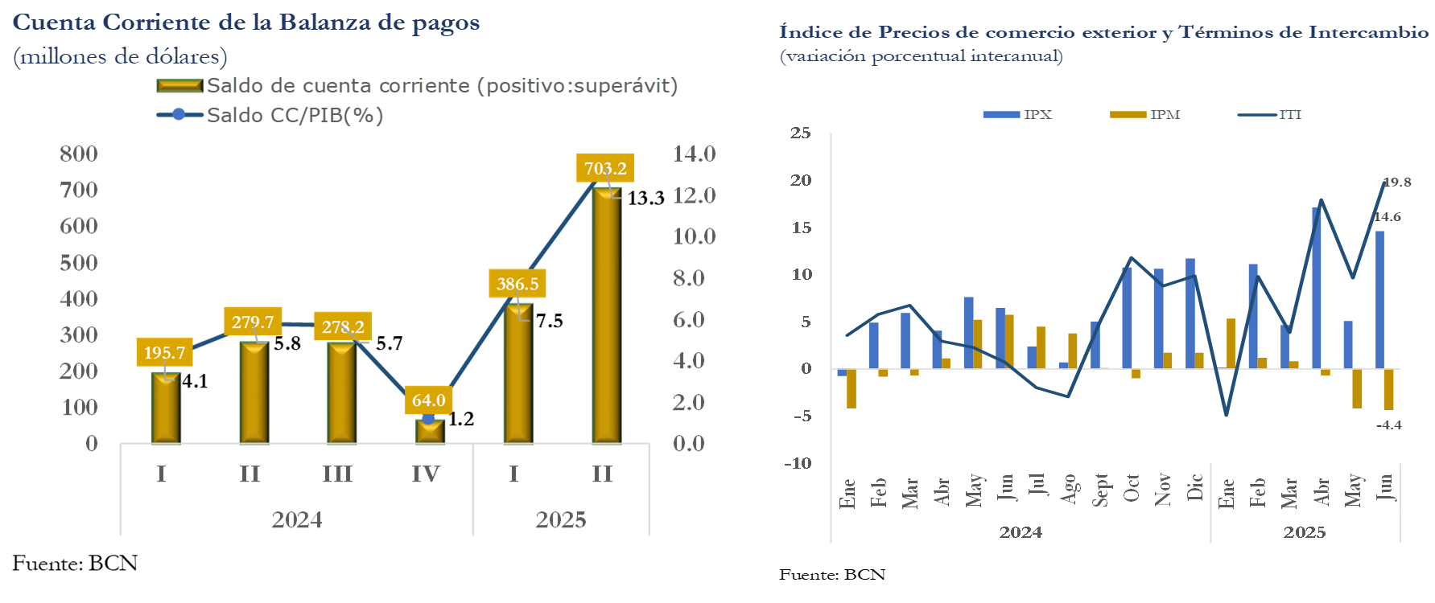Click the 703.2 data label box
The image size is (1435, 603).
604,168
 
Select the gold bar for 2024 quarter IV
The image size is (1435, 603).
429,432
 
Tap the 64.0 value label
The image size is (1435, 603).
428,400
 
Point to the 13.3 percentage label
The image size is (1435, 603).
645,198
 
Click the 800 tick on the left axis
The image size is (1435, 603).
79,154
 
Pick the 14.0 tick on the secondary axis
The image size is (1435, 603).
694,154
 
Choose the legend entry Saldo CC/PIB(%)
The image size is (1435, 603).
270,115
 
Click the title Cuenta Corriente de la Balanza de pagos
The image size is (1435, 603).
246,23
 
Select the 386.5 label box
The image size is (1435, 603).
517,284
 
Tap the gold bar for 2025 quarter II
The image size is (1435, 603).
606,315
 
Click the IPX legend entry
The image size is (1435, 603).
1018,115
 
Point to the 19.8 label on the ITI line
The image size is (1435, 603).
1397,183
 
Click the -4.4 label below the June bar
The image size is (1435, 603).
1388,425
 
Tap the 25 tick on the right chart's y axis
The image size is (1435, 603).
800,133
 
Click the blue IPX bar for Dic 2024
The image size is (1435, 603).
1190,314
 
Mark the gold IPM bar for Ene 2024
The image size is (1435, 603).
852,388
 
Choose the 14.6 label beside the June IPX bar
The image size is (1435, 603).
1387,217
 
